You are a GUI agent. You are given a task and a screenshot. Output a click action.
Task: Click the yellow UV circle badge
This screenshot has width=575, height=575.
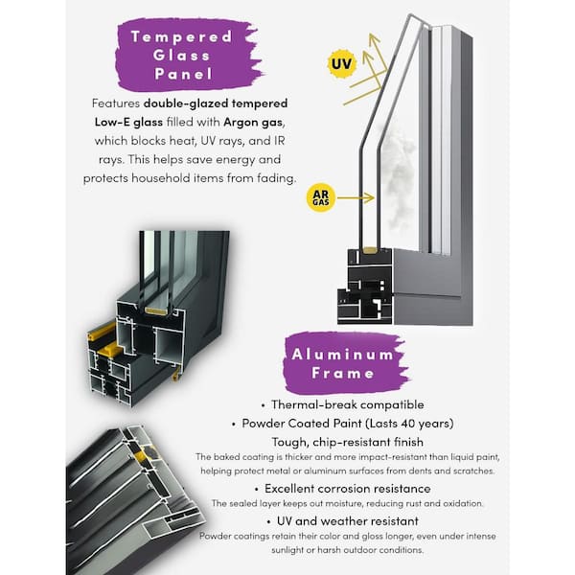point(340,64)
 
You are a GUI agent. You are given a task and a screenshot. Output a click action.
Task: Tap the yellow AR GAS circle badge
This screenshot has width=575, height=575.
point(321,198)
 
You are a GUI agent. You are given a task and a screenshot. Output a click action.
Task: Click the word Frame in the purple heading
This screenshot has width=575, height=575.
point(341,373)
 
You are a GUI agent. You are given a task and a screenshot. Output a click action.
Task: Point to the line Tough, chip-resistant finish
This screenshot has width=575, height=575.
point(342,442)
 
